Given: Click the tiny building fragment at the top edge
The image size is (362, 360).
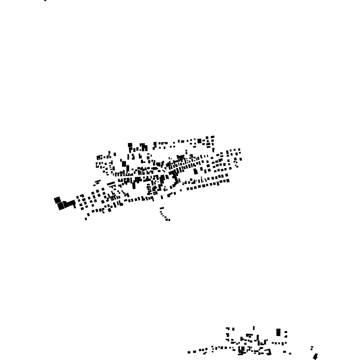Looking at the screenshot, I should [x=46, y=0].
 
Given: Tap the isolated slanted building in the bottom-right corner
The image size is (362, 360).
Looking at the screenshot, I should [x=315, y=356].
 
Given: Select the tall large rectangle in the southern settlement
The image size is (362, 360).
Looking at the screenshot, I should [x=278, y=332].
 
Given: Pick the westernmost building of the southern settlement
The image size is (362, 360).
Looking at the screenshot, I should [x=189, y=352].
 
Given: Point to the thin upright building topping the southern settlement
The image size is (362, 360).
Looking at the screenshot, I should [x=254, y=328].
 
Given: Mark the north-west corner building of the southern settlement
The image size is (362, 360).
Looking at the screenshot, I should [x=228, y=329].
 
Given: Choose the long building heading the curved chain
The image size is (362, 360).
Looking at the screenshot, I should [x=162, y=208].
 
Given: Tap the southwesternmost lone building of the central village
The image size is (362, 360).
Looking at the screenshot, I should [x=86, y=219].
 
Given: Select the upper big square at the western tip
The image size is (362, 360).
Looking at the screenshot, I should [x=57, y=200].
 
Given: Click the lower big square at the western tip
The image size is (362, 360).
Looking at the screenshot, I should [x=61, y=206].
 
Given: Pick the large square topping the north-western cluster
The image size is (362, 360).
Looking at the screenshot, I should [x=130, y=145].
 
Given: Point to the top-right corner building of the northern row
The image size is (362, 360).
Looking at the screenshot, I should [x=213, y=137].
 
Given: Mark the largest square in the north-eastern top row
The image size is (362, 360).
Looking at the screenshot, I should [x=199, y=141].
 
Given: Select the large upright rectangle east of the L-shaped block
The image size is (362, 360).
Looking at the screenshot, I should [x=195, y=171].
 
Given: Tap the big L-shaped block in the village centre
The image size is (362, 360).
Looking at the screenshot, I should [x=174, y=178].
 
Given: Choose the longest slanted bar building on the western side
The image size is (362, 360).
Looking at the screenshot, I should [x=111, y=183].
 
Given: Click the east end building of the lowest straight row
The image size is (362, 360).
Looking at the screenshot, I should [x=227, y=180].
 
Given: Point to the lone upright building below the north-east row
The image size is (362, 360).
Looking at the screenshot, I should [x=213, y=150].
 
